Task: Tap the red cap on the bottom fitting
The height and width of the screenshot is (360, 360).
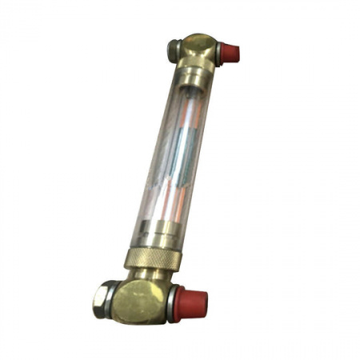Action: tap(193, 303)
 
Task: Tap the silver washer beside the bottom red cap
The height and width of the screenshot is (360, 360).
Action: tap(174, 303)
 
